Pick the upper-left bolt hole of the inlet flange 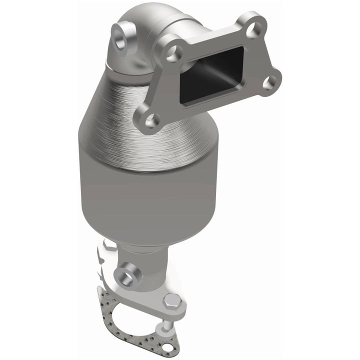pos(174,53)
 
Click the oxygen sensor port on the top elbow pos(121,38)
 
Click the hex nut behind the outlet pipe pos(109,245)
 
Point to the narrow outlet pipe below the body pos(145,270)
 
